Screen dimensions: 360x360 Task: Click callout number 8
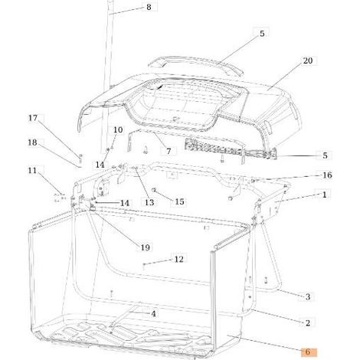coord(149,7)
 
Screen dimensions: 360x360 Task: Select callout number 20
coord(308,61)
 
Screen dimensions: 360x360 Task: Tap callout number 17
coord(33,118)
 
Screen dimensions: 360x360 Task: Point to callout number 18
coord(32,142)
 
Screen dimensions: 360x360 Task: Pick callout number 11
coord(32,170)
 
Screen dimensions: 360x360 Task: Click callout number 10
coord(118,129)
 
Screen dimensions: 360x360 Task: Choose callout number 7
coord(169,151)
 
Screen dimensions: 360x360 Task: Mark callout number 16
coord(327,175)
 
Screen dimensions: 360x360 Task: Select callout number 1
coord(324,195)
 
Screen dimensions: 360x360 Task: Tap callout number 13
coord(149,202)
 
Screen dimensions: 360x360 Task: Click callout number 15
coord(179,201)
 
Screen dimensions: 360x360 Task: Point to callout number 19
coord(145,247)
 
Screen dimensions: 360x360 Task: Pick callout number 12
coord(178,259)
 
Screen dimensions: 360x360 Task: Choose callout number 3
coord(308,296)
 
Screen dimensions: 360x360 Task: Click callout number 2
coord(308,323)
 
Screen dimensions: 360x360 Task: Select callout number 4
coord(153,313)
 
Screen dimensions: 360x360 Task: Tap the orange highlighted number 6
coord(309,352)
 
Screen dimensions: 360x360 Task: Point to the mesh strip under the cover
coord(230,149)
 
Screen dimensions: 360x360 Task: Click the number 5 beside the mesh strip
coord(325,155)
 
